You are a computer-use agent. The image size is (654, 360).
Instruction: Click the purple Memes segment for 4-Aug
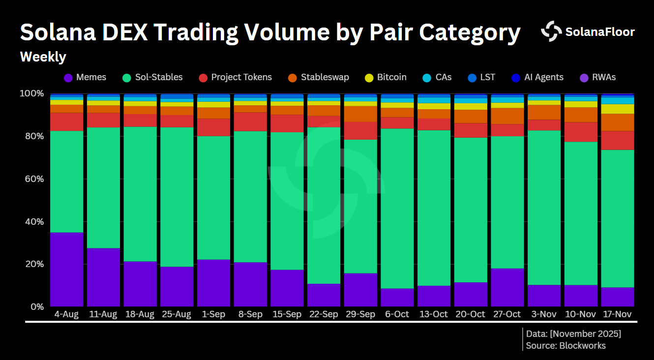click(x=66, y=270)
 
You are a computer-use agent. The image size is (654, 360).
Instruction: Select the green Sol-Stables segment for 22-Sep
click(x=324, y=205)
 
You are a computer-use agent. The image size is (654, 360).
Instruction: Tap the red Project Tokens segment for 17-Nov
click(x=618, y=140)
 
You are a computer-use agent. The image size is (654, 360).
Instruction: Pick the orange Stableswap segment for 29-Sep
click(x=360, y=114)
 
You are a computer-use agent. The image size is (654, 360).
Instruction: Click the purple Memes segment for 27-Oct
click(x=507, y=287)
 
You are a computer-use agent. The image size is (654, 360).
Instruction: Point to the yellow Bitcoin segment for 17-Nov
click(x=618, y=109)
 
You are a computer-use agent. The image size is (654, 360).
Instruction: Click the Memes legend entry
click(x=85, y=77)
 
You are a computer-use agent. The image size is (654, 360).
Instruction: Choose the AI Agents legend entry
click(x=536, y=77)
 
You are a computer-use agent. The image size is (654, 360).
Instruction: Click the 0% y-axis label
click(x=36, y=307)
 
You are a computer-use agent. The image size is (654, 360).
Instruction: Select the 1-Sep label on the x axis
click(x=213, y=314)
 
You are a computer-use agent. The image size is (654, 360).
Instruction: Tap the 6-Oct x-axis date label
click(x=397, y=314)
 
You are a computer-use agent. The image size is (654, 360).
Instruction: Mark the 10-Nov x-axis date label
click(x=581, y=314)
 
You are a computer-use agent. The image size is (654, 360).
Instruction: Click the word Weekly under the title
click(x=43, y=57)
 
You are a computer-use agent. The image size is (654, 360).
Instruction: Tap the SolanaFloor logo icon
click(x=551, y=31)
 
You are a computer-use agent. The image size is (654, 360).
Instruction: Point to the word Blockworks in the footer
click(x=582, y=346)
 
